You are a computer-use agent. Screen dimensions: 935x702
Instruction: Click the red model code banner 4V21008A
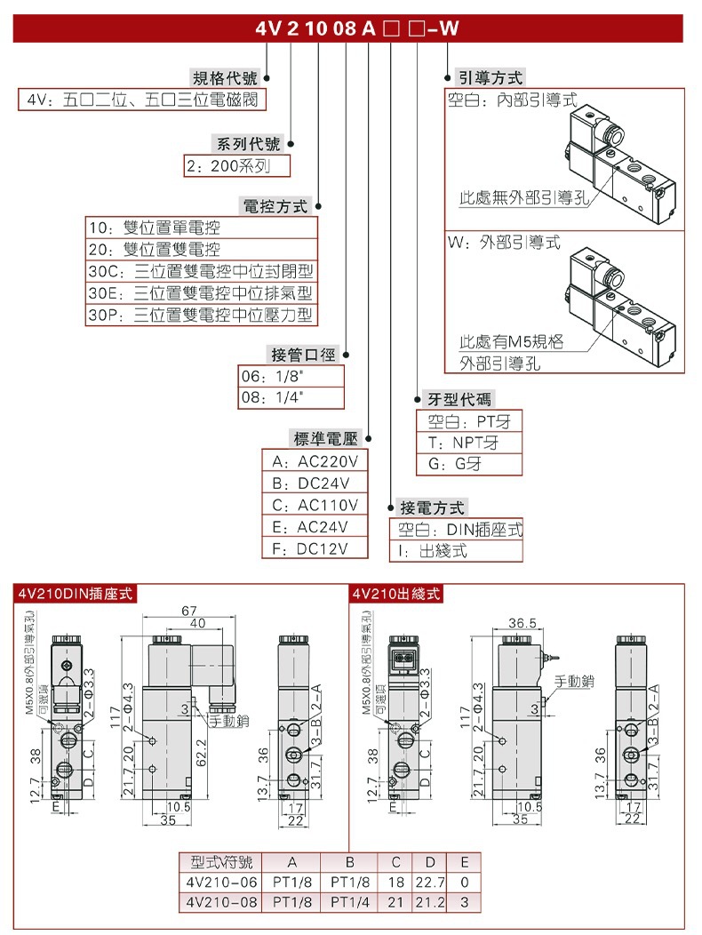(351, 28)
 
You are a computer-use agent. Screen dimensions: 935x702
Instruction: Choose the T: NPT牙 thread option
(468, 443)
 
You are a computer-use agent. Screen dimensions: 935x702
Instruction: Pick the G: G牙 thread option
(468, 464)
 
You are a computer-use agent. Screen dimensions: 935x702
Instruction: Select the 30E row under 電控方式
(202, 292)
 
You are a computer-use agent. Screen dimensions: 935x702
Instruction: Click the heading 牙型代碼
(459, 399)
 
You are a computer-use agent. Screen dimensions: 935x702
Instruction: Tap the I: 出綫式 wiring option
(456, 551)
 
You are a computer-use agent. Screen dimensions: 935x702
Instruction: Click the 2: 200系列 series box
(236, 166)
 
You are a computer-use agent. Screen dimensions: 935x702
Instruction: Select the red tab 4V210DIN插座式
(74, 593)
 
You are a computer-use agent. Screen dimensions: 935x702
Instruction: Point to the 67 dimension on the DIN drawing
(187, 610)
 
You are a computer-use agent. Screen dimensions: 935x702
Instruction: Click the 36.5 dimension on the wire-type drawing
(521, 622)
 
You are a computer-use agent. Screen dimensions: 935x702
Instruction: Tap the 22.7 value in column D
(429, 883)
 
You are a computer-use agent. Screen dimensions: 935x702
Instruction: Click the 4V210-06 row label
(222, 883)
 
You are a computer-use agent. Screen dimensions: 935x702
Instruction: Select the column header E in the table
(464, 862)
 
